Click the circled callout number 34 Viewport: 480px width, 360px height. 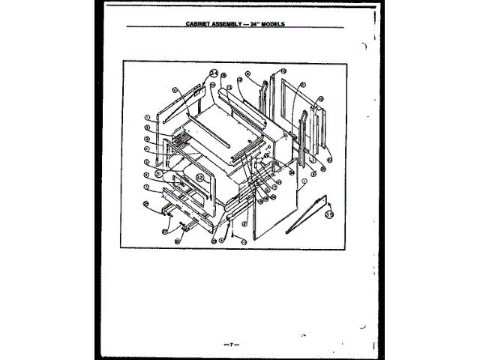pos(214,73)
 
